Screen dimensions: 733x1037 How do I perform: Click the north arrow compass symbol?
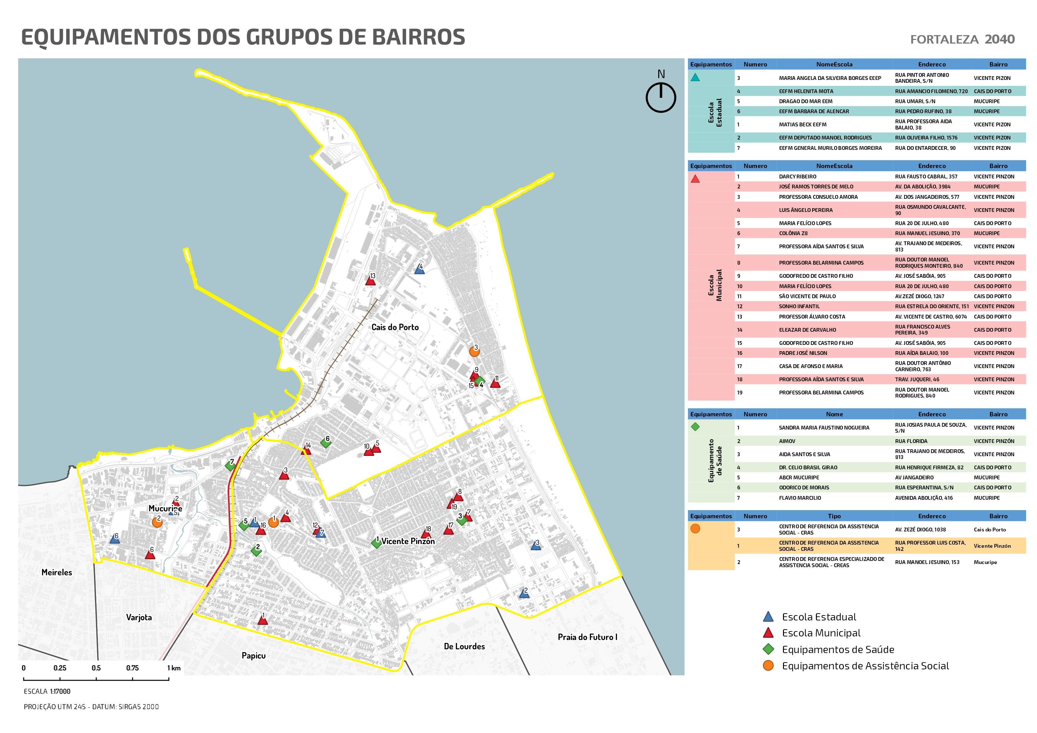click(660, 97)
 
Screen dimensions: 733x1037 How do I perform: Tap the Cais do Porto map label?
click(395, 327)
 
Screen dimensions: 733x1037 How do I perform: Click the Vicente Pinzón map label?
click(408, 541)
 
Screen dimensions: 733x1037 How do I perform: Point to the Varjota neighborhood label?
click(139, 617)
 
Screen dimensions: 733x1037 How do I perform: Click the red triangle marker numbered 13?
click(370, 281)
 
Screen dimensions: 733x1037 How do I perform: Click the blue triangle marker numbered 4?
click(419, 270)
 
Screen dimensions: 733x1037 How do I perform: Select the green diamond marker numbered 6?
click(325, 443)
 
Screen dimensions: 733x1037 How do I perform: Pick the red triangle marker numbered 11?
click(495, 383)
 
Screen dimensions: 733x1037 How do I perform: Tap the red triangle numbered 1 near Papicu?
click(262, 620)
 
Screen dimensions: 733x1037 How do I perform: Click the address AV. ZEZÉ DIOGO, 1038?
click(920, 529)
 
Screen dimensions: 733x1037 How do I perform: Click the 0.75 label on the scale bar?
click(132, 668)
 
